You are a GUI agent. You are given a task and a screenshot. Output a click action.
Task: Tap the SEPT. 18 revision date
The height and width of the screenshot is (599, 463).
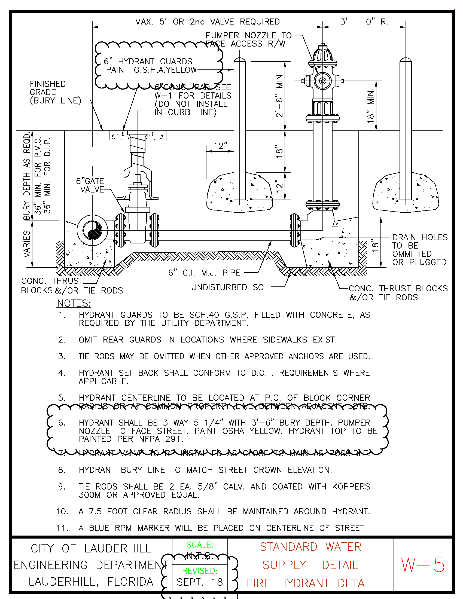(x=200, y=582)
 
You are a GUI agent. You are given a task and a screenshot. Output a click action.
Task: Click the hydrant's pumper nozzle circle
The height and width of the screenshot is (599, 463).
(x=322, y=81)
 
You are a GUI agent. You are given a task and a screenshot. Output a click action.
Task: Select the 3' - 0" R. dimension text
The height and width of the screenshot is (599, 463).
(x=364, y=22)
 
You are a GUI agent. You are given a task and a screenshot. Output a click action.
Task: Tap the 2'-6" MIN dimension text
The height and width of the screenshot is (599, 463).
(x=279, y=96)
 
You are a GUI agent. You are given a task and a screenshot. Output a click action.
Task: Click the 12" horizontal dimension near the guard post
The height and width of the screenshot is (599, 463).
(x=221, y=146)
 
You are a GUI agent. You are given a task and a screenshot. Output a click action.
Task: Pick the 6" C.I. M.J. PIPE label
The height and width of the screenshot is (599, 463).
(x=204, y=273)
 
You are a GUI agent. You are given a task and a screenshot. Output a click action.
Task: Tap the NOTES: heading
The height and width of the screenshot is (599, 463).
(x=74, y=303)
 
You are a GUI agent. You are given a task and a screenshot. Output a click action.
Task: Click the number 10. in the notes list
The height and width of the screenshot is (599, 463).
(x=62, y=512)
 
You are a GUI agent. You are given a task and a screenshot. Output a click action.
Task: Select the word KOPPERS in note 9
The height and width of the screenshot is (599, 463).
(x=351, y=487)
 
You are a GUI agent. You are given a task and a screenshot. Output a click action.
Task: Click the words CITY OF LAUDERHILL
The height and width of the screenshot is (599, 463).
(x=91, y=549)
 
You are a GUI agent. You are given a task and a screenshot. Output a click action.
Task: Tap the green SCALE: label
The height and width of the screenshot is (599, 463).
(x=200, y=545)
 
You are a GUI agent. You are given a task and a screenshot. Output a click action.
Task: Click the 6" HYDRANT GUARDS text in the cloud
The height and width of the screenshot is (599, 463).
(x=148, y=62)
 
